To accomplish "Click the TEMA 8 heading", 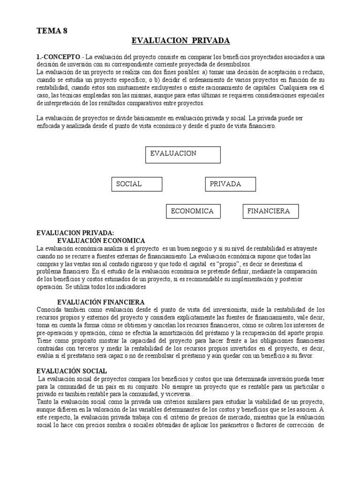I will (52, 31).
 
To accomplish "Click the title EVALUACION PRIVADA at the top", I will (180, 41).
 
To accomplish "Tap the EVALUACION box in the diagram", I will (183, 154).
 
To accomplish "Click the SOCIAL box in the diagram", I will (137, 184).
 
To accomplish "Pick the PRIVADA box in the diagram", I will (231, 184).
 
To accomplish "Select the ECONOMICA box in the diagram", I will (193, 211).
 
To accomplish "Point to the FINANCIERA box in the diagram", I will (270, 211).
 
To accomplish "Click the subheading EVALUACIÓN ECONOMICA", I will (101, 240).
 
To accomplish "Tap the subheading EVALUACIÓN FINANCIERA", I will (101, 302).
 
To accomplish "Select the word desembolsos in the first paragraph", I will (234, 64).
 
